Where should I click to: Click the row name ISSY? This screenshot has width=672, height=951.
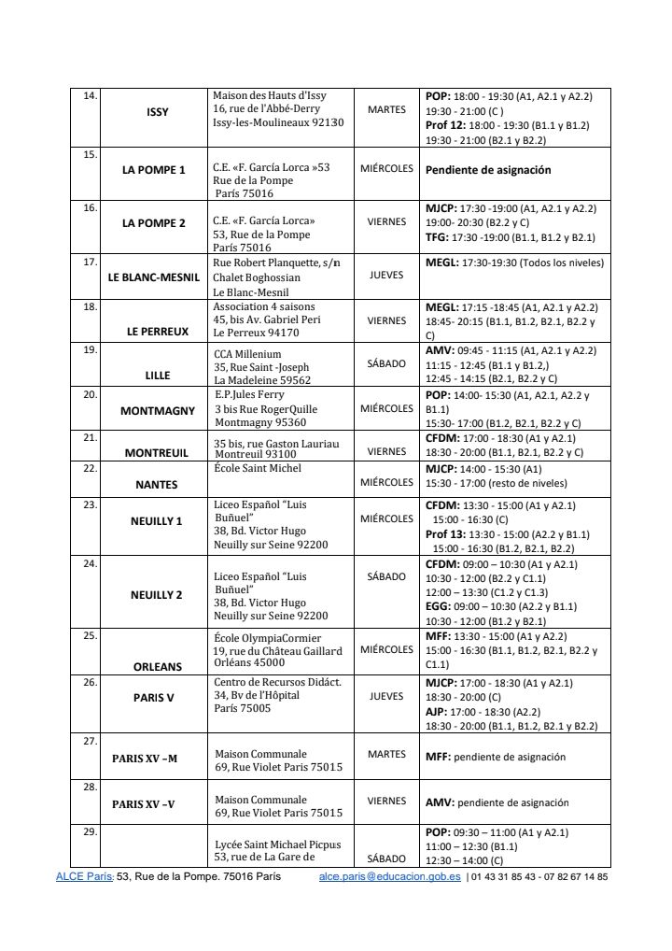(x=158, y=112)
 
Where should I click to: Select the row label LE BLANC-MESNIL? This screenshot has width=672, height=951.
(x=154, y=277)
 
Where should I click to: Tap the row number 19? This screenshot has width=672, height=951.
(x=90, y=349)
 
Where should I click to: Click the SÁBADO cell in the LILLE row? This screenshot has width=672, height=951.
(x=386, y=363)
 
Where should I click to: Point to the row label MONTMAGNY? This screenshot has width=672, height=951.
(x=158, y=410)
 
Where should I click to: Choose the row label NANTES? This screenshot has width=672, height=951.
(x=158, y=485)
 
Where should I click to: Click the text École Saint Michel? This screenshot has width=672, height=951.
(x=258, y=467)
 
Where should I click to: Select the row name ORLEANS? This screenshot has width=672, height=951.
(x=157, y=667)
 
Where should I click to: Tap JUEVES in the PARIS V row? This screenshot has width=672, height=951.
(x=386, y=696)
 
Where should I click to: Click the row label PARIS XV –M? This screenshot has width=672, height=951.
(x=144, y=759)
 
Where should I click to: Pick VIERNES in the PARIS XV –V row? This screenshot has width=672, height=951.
(x=386, y=801)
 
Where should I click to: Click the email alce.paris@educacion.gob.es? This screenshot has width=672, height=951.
(x=389, y=877)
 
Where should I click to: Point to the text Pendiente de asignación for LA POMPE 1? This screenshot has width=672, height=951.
(x=488, y=170)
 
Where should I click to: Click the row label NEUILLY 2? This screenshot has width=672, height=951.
(x=156, y=594)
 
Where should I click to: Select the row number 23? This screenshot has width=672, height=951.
(x=90, y=504)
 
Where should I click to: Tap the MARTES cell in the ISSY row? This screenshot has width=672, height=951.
(x=386, y=109)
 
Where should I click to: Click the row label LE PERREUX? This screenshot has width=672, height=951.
(x=158, y=331)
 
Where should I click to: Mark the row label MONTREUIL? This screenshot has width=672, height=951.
(x=157, y=452)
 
